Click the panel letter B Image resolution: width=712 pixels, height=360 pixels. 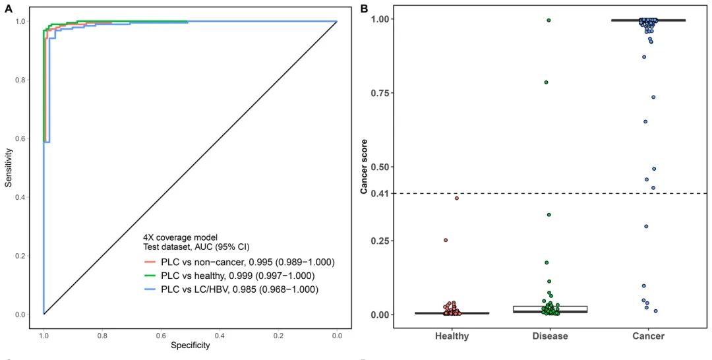[363, 7]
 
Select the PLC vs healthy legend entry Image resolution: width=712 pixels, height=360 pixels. [238, 276]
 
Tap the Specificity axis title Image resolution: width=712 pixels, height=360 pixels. [190, 345]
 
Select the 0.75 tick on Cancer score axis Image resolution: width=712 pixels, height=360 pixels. [381, 93]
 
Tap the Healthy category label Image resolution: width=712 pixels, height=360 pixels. [452, 336]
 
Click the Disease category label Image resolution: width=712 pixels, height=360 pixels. [549, 336]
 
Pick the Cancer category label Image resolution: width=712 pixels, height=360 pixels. [648, 336]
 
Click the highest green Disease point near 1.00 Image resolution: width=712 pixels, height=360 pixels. [549, 20]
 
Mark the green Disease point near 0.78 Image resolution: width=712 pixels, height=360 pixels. [547, 82]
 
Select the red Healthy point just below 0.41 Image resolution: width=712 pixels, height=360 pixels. [456, 198]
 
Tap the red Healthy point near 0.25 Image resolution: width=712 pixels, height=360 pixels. [446, 240]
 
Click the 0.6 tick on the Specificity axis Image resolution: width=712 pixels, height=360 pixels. [161, 335]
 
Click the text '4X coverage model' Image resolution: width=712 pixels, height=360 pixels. [180, 237]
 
